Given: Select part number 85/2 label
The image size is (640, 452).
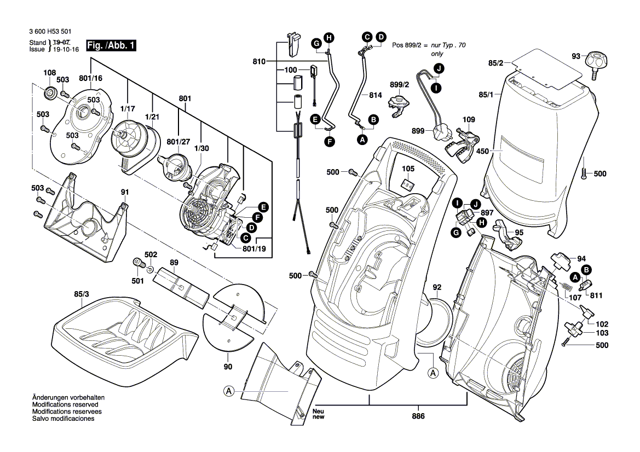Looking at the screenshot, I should [x=496, y=63].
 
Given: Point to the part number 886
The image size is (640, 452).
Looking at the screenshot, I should [x=419, y=415].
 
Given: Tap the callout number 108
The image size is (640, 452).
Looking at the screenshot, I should [x=50, y=73].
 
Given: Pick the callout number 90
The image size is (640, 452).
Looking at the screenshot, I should [x=228, y=366].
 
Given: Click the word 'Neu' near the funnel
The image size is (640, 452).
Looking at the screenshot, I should [x=318, y=412].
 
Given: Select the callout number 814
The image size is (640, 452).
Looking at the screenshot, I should [x=375, y=95].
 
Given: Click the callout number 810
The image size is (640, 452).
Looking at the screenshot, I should [x=259, y=61].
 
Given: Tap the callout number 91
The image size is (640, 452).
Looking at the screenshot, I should [x=125, y=192].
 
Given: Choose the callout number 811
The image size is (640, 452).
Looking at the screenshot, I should [x=596, y=295].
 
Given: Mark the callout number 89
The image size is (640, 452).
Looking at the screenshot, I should [x=174, y=263].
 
